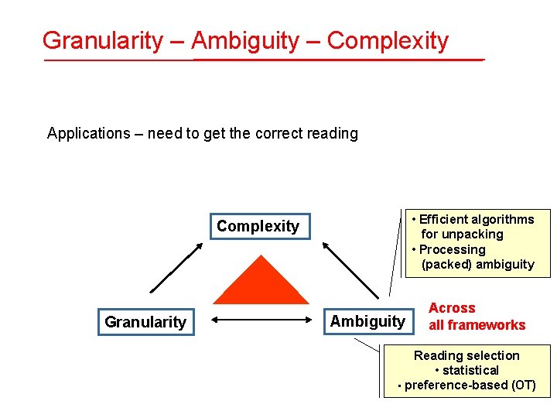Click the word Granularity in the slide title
coord(102,40)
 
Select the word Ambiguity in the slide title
coord(244,40)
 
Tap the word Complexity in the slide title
coord(388,40)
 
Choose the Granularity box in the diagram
coord(145,322)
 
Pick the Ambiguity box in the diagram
coord(367,321)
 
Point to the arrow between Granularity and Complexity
coord(175,268)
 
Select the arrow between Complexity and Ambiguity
coord(351,269)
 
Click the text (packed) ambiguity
coord(477,264)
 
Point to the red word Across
coord(452,308)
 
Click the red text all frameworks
coord(477,325)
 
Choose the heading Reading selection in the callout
coord(466,355)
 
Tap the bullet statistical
coord(471,370)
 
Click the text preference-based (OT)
coord(470,385)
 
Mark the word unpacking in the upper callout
coord(473,234)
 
